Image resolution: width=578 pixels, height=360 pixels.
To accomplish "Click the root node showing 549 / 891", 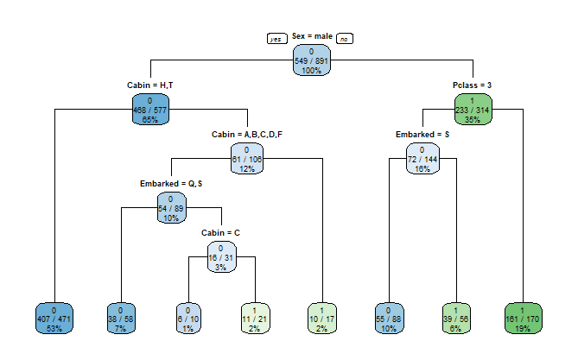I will pos(312,62).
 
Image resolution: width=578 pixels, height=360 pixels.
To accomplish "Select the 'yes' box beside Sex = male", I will pos(277,38).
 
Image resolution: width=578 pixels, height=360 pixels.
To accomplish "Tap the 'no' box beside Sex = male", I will pos(345,38).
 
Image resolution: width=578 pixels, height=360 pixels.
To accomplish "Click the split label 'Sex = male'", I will pos(312,36).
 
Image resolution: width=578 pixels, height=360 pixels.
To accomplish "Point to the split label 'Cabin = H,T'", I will pos(150,85).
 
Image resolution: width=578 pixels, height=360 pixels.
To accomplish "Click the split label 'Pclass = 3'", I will pos(473,85).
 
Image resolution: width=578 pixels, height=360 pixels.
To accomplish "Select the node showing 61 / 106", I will pos(247,159).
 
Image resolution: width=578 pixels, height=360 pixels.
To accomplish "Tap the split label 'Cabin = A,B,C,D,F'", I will pos(247,135).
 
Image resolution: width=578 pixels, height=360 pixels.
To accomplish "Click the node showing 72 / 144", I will pos(422,159).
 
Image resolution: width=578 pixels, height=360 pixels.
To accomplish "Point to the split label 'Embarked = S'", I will pos(422,135).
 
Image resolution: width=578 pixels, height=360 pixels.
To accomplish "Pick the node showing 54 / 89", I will pos(173,208).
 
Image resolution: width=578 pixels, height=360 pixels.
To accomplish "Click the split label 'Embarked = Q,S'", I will pos(173,184).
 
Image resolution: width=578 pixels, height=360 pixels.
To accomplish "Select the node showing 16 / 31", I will pos(221,256).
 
